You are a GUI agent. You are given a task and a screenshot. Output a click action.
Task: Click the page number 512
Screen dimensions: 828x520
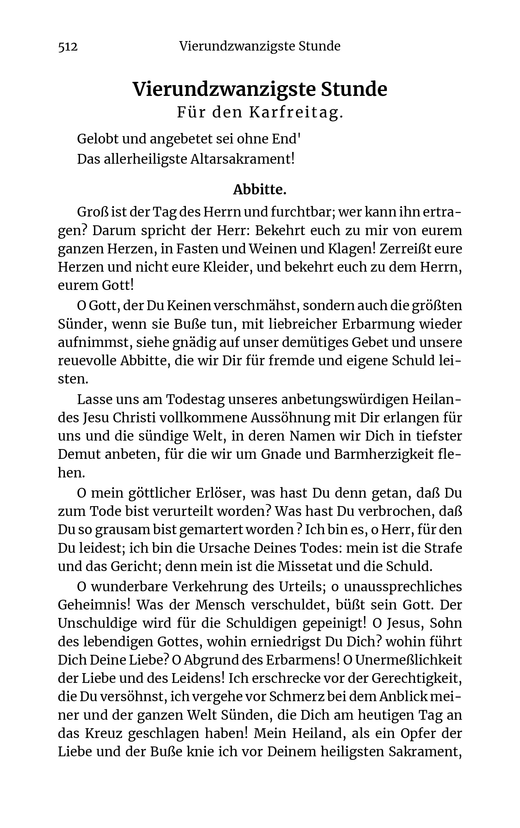pos(68,46)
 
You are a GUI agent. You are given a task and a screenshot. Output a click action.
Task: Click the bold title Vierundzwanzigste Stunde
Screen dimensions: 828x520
pos(260,89)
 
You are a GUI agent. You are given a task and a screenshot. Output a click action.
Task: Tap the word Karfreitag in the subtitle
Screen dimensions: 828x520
pos(296,113)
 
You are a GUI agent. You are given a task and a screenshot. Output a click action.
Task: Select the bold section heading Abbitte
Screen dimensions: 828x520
pos(260,189)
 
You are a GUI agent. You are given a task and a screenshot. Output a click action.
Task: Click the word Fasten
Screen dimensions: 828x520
pos(196,248)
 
